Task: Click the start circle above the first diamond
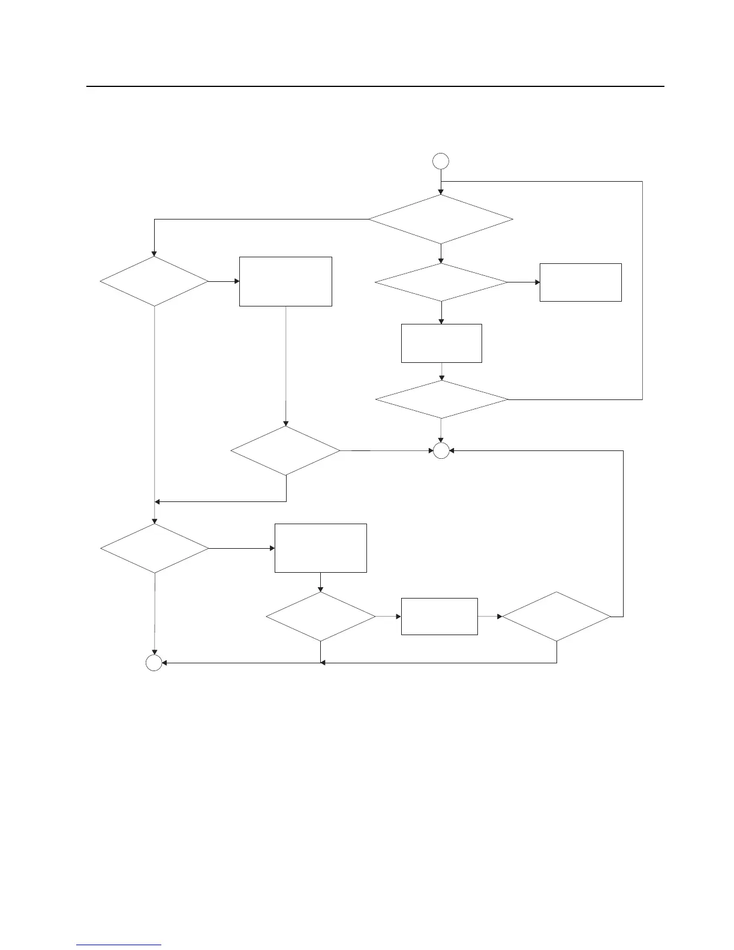(441, 161)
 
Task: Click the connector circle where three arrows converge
(441, 451)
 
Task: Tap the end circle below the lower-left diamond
(154, 663)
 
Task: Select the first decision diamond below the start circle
(441, 219)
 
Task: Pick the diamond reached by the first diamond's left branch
(154, 281)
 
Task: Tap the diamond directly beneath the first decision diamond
(441, 282)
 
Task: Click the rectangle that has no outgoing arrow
(580, 282)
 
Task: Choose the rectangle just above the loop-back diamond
(441, 343)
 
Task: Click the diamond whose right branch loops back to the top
(441, 399)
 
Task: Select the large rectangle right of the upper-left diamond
(285, 281)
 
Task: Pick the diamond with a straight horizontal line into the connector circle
(285, 450)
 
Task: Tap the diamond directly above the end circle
(154, 548)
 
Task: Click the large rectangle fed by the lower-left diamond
(320, 548)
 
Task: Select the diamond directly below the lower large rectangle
(320, 617)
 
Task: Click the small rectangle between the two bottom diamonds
(439, 616)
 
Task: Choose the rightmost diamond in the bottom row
(556, 617)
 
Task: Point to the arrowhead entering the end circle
(166, 663)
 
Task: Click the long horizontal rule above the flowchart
(375, 86)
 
